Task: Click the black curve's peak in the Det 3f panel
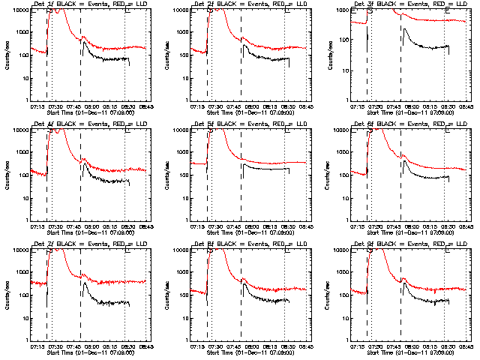pyautogui.click(x=404, y=28)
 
